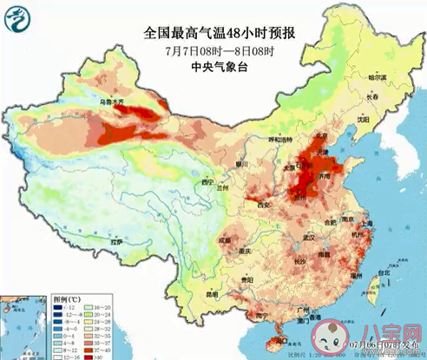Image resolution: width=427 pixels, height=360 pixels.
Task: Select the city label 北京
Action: [299, 134]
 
